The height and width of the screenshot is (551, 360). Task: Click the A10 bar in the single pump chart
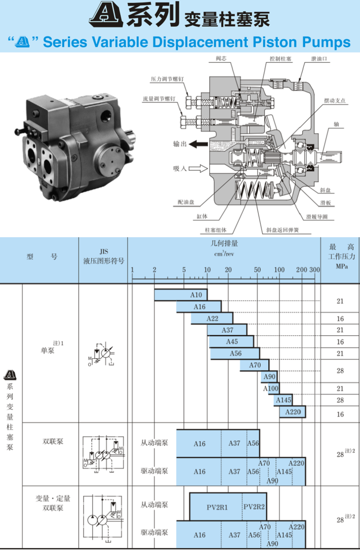[181, 295]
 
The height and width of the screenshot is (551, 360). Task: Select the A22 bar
[212, 318]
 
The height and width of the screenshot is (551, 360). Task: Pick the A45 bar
[232, 342]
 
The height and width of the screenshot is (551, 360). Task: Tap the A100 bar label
[271, 388]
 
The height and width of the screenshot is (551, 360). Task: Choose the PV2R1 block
[216, 507]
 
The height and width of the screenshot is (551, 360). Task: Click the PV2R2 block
[254, 507]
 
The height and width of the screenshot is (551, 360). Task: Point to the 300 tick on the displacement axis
[314, 270]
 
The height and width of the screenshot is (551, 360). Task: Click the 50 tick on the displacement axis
[257, 270]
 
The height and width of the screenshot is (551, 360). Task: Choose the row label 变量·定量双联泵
[53, 503]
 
